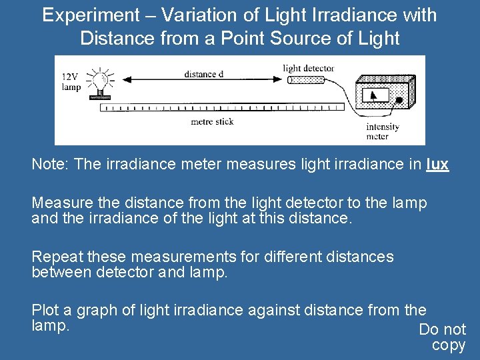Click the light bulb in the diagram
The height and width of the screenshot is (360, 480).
(x=101, y=80)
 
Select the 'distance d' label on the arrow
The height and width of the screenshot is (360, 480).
(x=203, y=74)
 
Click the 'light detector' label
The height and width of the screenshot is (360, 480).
(x=308, y=68)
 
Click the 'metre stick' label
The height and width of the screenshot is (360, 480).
(x=212, y=121)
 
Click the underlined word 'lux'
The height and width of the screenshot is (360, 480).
(x=437, y=164)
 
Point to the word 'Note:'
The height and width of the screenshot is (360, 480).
(x=51, y=164)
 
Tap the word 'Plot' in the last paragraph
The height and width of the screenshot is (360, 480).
(x=45, y=310)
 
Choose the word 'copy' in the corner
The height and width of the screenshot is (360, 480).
(x=449, y=345)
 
